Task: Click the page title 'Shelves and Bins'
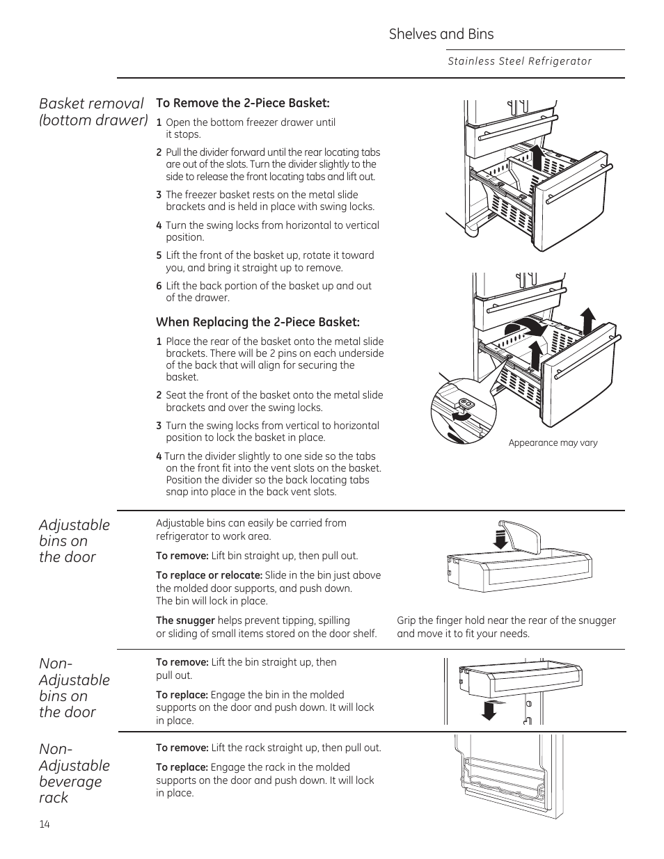point(441,34)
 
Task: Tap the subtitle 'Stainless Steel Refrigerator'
point(519,61)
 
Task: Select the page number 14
point(45,824)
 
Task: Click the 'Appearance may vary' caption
point(553,443)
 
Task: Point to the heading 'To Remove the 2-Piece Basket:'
point(242,103)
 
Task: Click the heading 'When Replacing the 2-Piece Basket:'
point(258,322)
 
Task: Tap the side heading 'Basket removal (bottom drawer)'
point(93,111)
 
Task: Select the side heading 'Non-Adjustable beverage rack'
point(74,773)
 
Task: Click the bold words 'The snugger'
point(185,620)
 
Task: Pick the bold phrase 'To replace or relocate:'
point(209,575)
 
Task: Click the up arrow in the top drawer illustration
point(536,158)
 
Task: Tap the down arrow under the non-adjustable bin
point(490,709)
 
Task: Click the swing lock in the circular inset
point(465,403)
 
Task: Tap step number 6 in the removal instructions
point(159,286)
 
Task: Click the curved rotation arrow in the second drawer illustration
point(525,328)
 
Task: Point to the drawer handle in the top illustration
point(579,184)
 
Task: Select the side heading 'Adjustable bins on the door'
point(74,540)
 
